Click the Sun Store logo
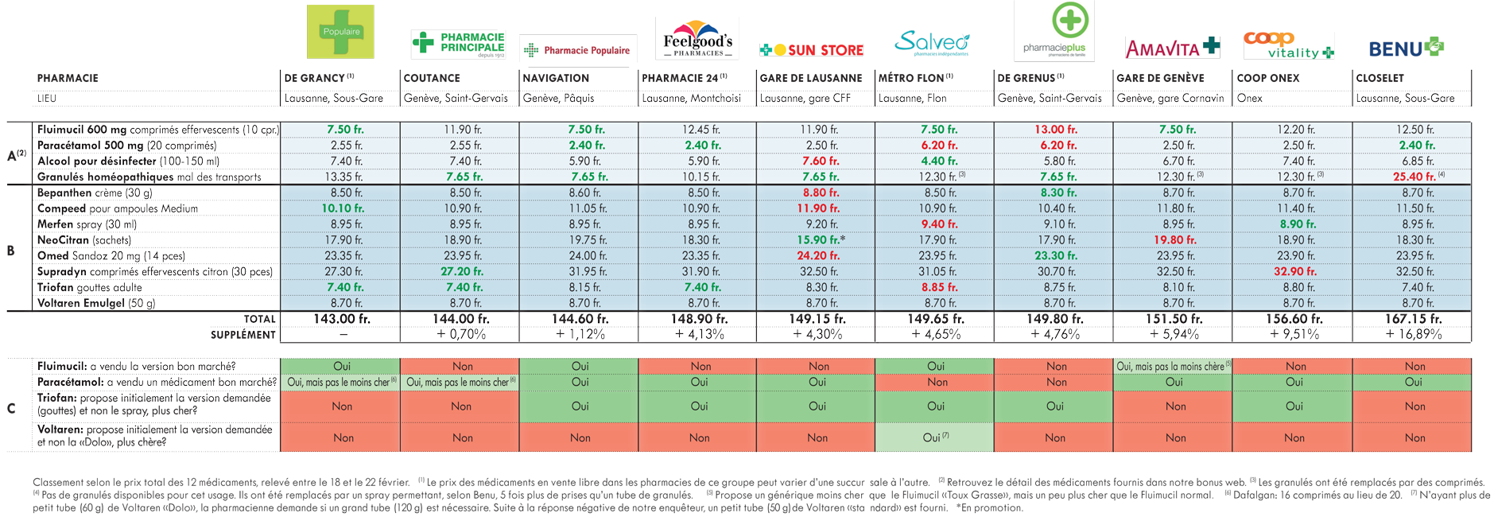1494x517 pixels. [x=811, y=50]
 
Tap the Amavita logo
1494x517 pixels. [x=1172, y=48]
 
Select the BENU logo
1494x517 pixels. [x=1406, y=48]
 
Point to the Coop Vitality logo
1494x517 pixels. [x=1289, y=45]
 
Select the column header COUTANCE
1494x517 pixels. [x=432, y=78]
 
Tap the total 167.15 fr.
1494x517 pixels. [x=1413, y=319]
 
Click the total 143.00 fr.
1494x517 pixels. [x=342, y=319]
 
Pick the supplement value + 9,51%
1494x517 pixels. [x=1294, y=335]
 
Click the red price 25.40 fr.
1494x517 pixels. [x=1414, y=177]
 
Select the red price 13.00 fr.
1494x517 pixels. [x=1055, y=130]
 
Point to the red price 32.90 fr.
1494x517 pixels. [x=1294, y=271]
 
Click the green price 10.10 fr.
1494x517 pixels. [x=343, y=208]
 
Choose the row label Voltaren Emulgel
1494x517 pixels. [x=96, y=303]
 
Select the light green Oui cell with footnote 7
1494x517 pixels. [x=934, y=437]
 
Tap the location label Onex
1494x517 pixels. [x=1249, y=99]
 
